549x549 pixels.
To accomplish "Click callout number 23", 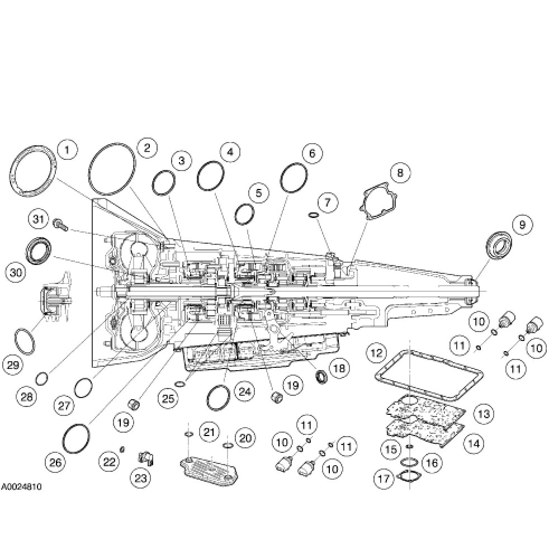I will tap(138, 477).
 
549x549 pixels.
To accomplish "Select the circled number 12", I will tap(377, 353).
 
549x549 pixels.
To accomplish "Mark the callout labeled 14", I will tap(474, 444).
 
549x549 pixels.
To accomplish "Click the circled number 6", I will tap(312, 153).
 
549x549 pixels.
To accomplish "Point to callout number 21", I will tap(209, 432).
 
